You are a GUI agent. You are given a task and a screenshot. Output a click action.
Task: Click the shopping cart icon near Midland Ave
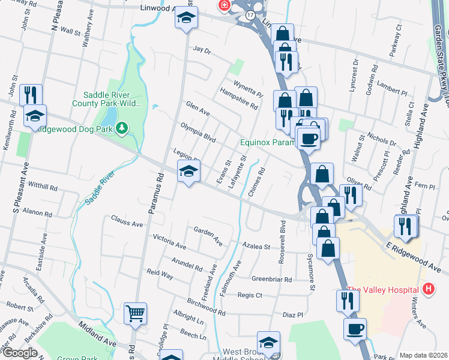[135, 313]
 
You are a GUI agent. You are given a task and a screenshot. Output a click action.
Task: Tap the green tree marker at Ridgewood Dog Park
[122, 127]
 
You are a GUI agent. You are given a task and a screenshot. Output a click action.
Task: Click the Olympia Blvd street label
[198, 132]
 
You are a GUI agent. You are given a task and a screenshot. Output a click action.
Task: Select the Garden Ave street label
[208, 236]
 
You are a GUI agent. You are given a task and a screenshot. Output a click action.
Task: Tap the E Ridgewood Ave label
[414, 256]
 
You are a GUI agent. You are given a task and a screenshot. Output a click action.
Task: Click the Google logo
[19, 353]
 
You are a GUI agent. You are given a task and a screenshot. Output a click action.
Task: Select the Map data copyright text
[423, 355]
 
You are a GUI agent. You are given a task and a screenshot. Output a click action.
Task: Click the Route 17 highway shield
[250, 13]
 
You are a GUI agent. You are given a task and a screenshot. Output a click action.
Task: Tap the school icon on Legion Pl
[188, 172]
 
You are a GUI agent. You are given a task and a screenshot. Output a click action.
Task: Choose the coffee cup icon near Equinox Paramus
[309, 139]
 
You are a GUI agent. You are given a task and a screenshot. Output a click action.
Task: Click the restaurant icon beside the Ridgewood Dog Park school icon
[30, 95]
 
